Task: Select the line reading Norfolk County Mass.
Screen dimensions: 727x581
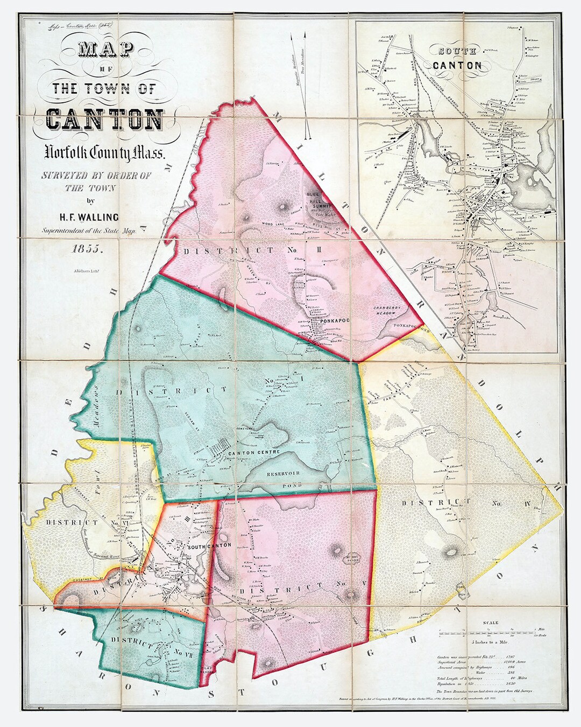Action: pos(105,154)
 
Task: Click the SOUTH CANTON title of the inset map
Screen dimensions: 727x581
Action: pos(458,59)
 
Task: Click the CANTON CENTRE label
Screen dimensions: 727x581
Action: pos(254,452)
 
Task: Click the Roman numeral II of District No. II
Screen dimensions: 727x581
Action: pos(304,250)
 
